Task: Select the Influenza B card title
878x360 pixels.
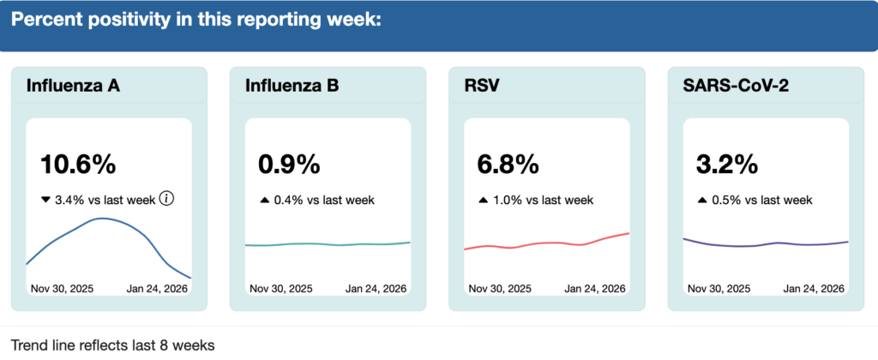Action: click(x=292, y=86)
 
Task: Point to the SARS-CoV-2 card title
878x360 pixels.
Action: click(x=735, y=86)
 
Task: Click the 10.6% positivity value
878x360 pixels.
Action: click(x=78, y=164)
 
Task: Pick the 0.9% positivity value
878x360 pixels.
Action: click(x=289, y=164)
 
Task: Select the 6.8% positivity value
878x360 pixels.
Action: click(x=508, y=164)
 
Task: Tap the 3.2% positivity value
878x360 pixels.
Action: click(x=727, y=164)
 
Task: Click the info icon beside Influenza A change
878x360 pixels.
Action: click(x=167, y=199)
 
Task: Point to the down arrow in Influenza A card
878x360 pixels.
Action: click(x=46, y=200)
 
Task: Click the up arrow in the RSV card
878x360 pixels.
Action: click(x=484, y=200)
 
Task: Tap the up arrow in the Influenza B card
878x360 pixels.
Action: click(x=265, y=200)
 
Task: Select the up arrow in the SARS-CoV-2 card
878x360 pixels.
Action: click(x=703, y=200)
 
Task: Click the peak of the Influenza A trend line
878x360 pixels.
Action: click(x=102, y=219)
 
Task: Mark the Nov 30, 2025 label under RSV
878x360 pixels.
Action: click(x=501, y=288)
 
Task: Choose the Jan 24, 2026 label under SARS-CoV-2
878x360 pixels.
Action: click(x=815, y=288)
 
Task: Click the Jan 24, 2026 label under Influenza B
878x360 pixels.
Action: click(x=376, y=288)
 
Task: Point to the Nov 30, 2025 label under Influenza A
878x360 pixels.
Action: click(x=63, y=288)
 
